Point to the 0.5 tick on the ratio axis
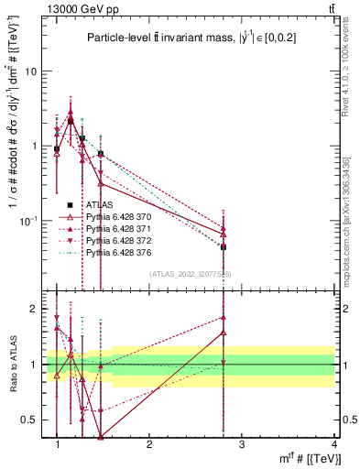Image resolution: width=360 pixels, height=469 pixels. [x=31, y=420]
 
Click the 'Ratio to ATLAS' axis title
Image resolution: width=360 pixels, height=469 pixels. [x=13, y=364]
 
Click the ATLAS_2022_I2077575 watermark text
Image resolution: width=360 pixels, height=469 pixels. [x=190, y=274]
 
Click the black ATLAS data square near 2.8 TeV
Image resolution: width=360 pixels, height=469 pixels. [x=224, y=247]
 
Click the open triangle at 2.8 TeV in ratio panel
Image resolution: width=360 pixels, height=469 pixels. [x=224, y=333]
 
